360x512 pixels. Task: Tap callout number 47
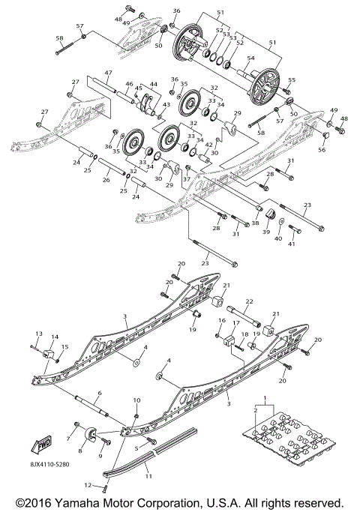tap(108, 73)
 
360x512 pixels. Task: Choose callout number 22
tap(249, 301)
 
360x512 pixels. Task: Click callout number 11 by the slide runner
tap(148, 476)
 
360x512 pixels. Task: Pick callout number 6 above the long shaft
tap(99, 393)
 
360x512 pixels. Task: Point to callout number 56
tap(322, 150)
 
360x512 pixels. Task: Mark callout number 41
tap(292, 244)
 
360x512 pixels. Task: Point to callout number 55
tap(292, 80)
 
